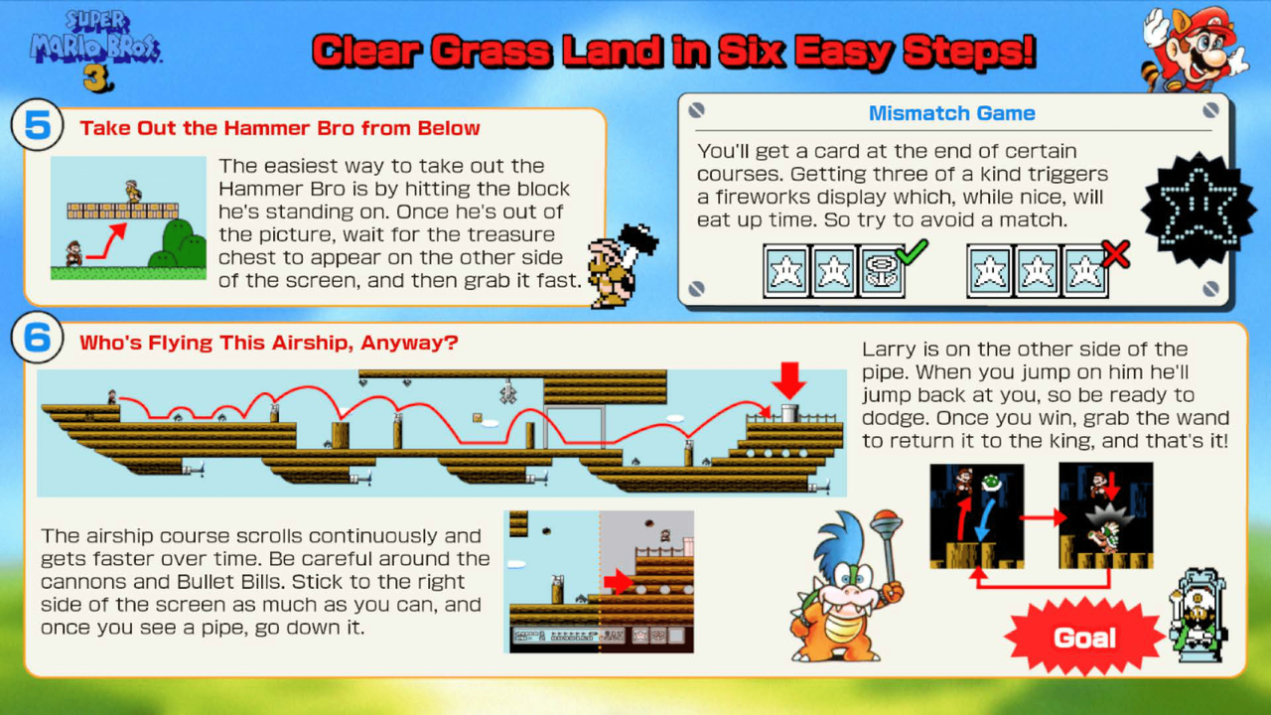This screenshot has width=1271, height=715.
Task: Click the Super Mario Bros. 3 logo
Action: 95,51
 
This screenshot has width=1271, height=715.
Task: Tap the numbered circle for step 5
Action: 38,125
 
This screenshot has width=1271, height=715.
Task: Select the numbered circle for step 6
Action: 38,338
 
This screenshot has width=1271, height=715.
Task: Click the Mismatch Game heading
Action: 951,113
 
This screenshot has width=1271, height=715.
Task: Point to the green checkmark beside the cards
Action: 912,252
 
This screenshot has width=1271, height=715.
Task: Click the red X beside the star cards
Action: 1115,253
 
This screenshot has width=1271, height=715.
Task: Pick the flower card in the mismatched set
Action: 881,271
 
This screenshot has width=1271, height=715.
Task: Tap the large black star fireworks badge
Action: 1199,209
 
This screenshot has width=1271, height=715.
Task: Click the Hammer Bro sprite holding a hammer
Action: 620,265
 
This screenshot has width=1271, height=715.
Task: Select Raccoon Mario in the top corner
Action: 1195,49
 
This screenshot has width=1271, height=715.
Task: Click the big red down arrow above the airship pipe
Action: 788,380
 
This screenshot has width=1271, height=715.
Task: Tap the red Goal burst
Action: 1085,638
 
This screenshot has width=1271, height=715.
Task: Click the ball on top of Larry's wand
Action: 886,518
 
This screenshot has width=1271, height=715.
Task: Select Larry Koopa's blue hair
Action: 839,539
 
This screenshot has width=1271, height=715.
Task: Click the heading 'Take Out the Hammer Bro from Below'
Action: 280,128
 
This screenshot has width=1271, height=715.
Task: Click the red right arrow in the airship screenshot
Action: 619,582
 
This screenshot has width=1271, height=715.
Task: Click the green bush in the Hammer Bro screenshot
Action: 180,244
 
